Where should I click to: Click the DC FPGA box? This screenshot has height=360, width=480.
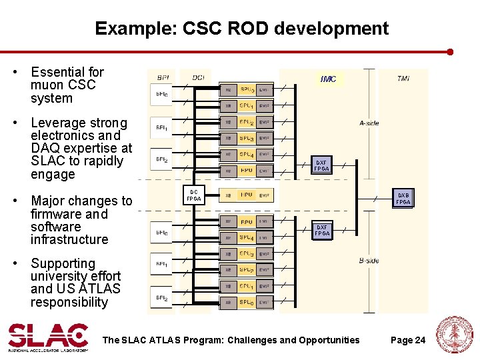click(193, 195)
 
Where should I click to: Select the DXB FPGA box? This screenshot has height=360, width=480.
click(403, 198)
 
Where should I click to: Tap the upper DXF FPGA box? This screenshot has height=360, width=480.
click(322, 165)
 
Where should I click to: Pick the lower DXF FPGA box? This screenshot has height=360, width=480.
click(322, 230)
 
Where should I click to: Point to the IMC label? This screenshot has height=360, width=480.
click(328, 79)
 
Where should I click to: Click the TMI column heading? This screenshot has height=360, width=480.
click(403, 79)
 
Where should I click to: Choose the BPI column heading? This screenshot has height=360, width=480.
click(162, 78)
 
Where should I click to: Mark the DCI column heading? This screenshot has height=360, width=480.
click(199, 78)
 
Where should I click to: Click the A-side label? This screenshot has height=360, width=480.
click(369, 123)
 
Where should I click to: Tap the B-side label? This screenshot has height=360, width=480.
click(369, 261)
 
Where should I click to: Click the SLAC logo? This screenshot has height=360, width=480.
click(48, 337)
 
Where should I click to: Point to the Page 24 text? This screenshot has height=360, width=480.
click(408, 340)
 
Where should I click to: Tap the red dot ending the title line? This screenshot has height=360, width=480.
click(451, 51)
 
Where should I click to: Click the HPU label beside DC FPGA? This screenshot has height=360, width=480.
click(246, 195)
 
